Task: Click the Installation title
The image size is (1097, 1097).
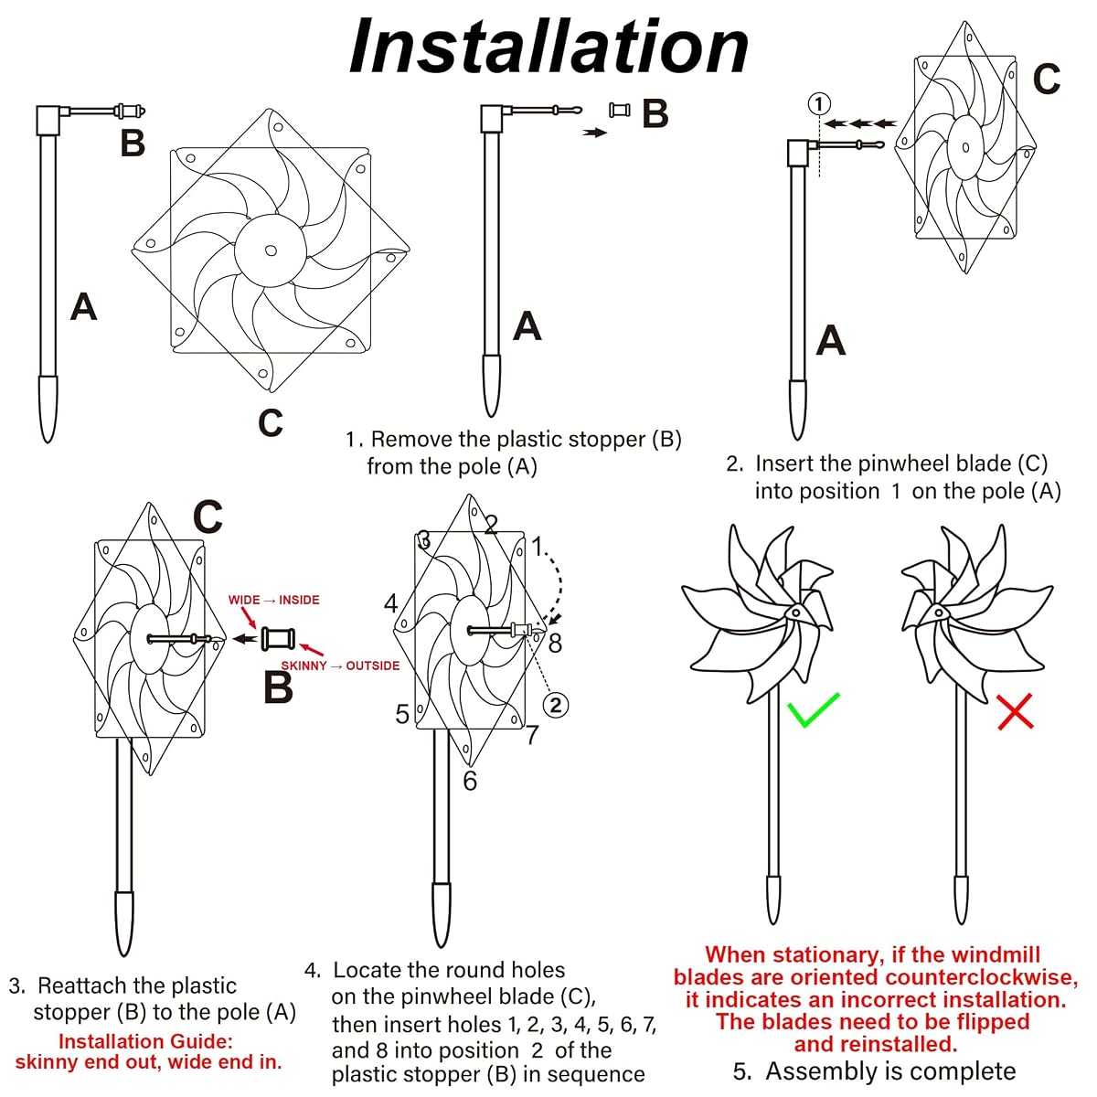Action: click(x=548, y=47)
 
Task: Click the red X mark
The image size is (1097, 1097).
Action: click(x=1015, y=711)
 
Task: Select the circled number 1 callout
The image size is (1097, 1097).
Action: click(x=819, y=104)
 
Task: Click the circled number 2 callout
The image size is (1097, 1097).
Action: click(x=556, y=705)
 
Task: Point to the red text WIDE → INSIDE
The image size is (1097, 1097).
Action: click(x=274, y=600)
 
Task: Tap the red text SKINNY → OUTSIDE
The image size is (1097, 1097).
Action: click(x=340, y=666)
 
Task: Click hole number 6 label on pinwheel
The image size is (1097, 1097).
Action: click(x=470, y=781)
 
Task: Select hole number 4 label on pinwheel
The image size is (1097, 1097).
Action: click(x=390, y=602)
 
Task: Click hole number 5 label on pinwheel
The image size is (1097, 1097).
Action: click(x=402, y=714)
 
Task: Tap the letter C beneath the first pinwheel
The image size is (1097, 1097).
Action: click(x=271, y=422)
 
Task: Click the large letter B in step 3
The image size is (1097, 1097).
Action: click(x=278, y=687)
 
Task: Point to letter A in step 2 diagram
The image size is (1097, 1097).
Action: click(x=831, y=340)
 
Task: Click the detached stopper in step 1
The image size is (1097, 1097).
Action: click(x=620, y=110)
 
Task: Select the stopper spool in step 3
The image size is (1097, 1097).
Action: click(x=278, y=639)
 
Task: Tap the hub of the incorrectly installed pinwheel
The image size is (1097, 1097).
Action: click(x=938, y=613)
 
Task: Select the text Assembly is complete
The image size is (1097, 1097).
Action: click(x=890, y=1070)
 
